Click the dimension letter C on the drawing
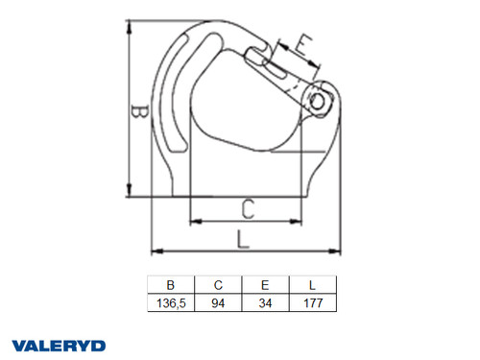tap(247, 206)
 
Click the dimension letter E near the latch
tap(301, 45)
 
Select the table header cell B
tap(171, 284)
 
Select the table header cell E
tap(264, 284)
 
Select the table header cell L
tap(312, 284)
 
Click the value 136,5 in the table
tap(171, 301)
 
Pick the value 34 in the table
tap(264, 301)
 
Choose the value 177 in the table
tap(312, 301)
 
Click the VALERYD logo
tap(60, 344)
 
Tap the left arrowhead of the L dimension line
tap(156, 252)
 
